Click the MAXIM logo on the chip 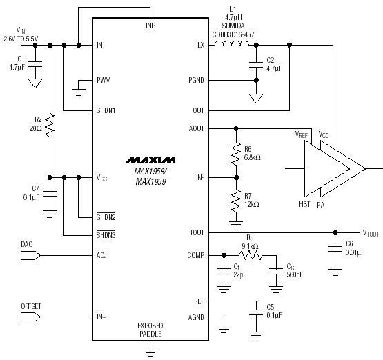pyautogui.click(x=150, y=160)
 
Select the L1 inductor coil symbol pyautogui.click(x=232, y=43)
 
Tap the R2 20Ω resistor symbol pyautogui.click(x=50, y=126)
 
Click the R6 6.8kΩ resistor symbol pyautogui.click(x=236, y=154)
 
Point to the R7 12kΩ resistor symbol pyautogui.click(x=236, y=201)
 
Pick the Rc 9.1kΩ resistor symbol pyautogui.click(x=251, y=256)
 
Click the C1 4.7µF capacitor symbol pyautogui.click(x=35, y=64)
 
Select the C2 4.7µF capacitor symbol pyautogui.click(x=256, y=65)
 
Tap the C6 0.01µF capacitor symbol pyautogui.click(x=335, y=249)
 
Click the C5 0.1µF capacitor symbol pyautogui.click(x=256, y=313)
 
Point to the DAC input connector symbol pyautogui.click(x=30, y=256)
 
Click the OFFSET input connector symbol pyautogui.click(x=30, y=317)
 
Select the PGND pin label pyautogui.click(x=196, y=80)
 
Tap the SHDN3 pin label pyautogui.click(x=106, y=234)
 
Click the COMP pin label pyautogui.click(x=196, y=256)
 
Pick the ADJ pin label pyautogui.click(x=101, y=256)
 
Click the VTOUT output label pyautogui.click(x=371, y=233)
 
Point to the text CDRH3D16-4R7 pyautogui.click(x=233, y=34)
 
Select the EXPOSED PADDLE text pyautogui.click(x=150, y=330)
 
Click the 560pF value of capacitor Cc pyautogui.click(x=295, y=274)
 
